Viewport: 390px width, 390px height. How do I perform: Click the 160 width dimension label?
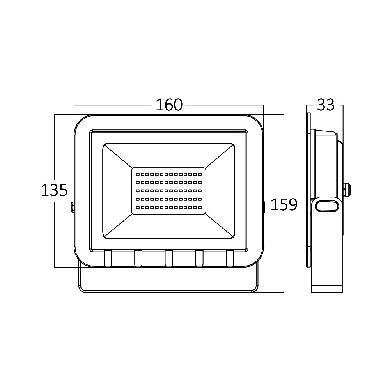169,105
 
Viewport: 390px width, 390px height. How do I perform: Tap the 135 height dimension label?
54,190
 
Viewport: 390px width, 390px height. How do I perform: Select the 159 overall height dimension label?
284,205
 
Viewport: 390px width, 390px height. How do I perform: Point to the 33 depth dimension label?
326,105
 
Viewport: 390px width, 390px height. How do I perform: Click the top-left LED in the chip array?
138,174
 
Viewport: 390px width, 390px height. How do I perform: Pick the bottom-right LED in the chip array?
200,207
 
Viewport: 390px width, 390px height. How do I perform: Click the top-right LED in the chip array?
200,174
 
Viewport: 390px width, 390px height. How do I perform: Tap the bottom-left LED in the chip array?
138,207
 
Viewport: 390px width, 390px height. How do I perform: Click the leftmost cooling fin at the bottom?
108,259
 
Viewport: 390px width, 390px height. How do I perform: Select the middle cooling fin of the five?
168,259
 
